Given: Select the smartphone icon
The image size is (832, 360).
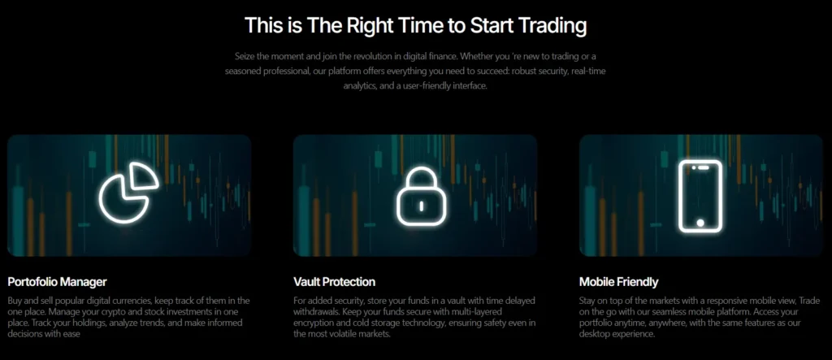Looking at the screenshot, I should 700,194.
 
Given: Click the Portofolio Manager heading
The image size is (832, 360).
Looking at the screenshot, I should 57,282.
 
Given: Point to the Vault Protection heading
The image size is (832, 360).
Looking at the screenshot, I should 334,282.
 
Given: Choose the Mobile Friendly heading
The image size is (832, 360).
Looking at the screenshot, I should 618,282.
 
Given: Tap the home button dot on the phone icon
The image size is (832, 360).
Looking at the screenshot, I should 700,222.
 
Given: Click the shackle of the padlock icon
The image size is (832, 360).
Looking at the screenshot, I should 415,178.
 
